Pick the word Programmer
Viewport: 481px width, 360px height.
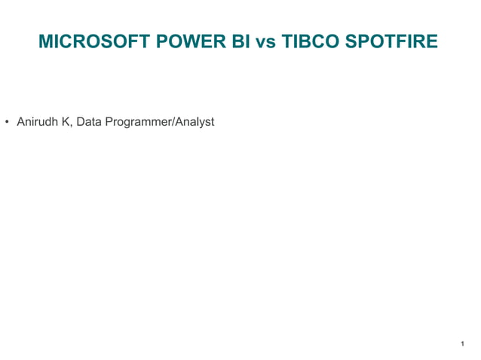(x=136, y=122)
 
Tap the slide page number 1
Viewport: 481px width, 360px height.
(x=461, y=344)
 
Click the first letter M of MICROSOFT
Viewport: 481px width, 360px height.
(x=44, y=42)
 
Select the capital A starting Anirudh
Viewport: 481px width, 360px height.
(x=20, y=121)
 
